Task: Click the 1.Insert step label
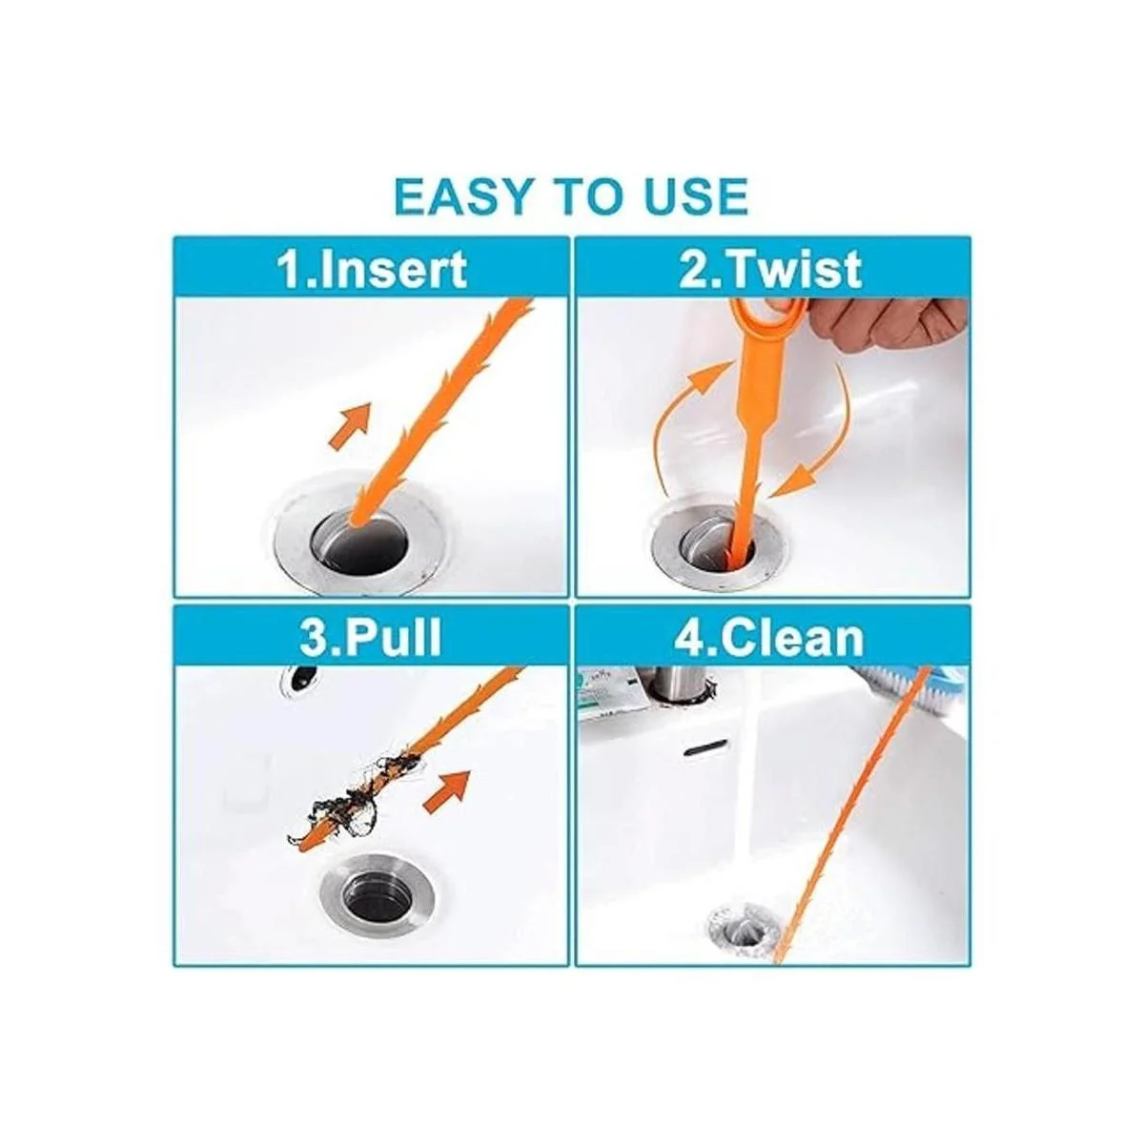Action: (373, 270)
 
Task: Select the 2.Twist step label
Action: (770, 269)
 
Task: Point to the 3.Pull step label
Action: (371, 638)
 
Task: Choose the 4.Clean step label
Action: (769, 638)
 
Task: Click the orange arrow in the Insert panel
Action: (350, 425)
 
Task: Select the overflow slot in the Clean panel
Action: (707, 750)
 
